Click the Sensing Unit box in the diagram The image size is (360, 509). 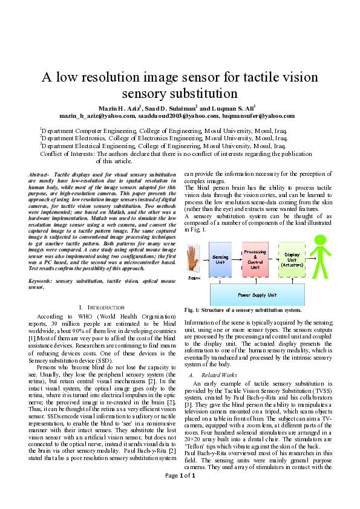[x=221, y=260]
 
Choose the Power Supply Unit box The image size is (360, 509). [x=257, y=294]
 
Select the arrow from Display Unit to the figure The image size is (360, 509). [x=308, y=260]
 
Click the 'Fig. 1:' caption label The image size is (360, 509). [x=193, y=310]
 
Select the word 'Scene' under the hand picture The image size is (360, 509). [x=194, y=277]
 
